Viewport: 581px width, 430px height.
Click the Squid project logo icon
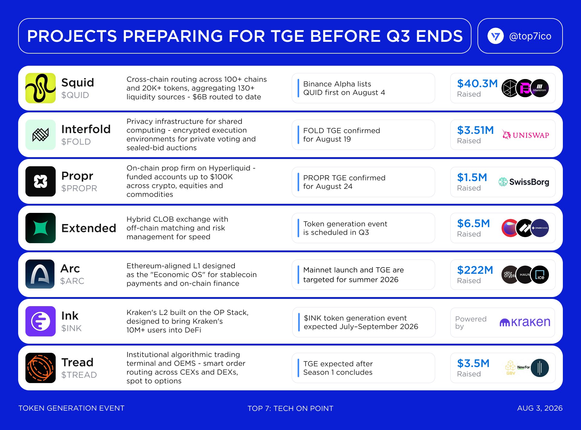(x=41, y=88)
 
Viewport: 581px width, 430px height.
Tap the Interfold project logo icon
(x=41, y=135)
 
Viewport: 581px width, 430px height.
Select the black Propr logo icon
(x=41, y=181)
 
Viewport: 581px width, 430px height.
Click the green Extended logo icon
(x=41, y=228)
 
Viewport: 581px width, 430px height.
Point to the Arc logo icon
(x=40, y=274)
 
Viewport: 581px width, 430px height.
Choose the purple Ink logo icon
(x=41, y=321)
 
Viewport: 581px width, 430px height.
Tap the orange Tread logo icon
(x=41, y=368)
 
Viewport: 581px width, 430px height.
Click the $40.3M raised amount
(x=477, y=83)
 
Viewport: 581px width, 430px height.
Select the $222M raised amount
(x=475, y=270)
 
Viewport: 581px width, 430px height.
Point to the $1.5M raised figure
(x=472, y=177)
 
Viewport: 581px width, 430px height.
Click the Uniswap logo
(x=526, y=135)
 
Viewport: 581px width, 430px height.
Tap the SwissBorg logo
(x=524, y=182)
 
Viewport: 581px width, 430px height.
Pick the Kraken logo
(x=525, y=322)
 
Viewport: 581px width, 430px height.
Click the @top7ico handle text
(x=530, y=36)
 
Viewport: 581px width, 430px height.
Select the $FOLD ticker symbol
(x=76, y=142)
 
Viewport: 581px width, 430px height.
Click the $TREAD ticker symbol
(x=79, y=375)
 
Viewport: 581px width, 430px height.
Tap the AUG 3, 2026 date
(x=540, y=408)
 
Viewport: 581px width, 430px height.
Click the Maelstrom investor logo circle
(x=540, y=88)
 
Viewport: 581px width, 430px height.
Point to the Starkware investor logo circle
(x=540, y=228)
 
